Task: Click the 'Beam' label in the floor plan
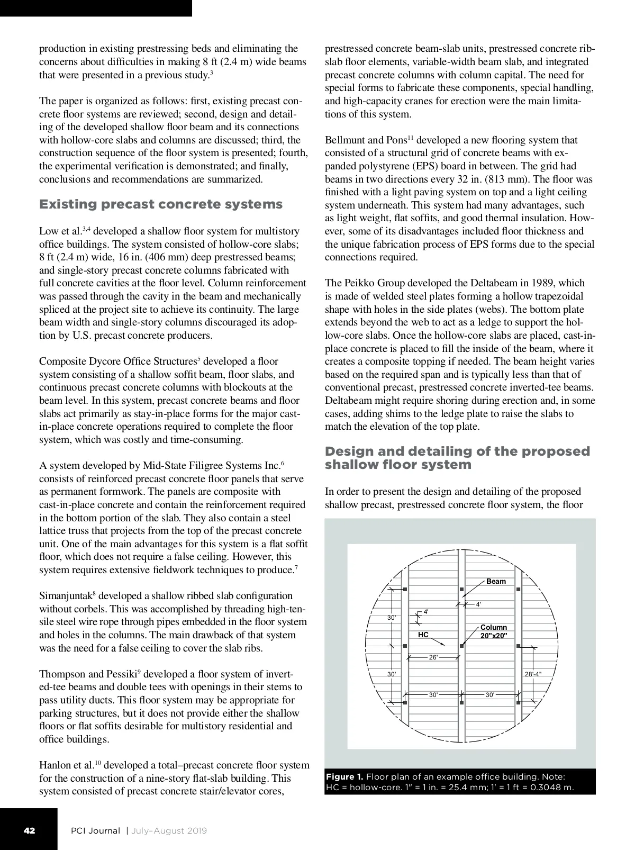[x=496, y=581]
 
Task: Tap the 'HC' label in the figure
[x=423, y=635]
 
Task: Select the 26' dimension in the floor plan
[x=433, y=657]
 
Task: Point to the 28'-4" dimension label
[x=533, y=674]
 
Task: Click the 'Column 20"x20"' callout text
[x=493, y=631]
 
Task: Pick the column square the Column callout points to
[x=462, y=646]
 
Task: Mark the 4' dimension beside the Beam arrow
[x=478, y=604]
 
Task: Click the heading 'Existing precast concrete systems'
[x=161, y=204]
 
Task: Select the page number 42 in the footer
[x=29, y=830]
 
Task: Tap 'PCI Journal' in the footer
[x=96, y=830]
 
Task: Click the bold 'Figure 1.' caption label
[x=344, y=776]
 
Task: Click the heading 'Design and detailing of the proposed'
[x=457, y=451]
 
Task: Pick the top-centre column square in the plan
[x=462, y=589]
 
